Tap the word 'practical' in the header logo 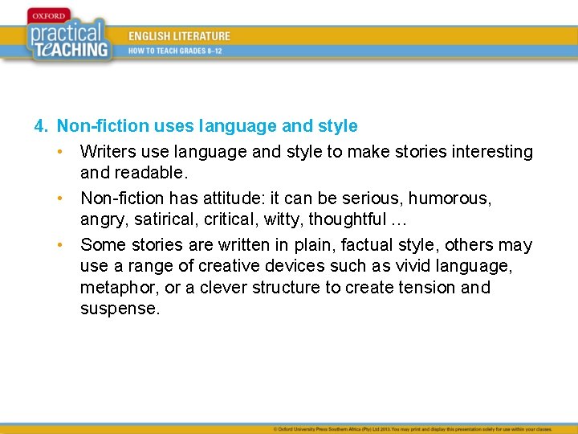tap(66, 33)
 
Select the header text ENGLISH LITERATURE tap(179, 36)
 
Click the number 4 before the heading tap(39, 126)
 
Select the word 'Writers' tap(106, 152)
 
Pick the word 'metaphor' tap(115, 288)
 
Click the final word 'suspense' tap(118, 309)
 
